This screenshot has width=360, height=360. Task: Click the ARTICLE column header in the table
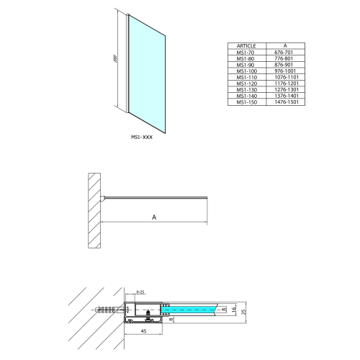(240, 45)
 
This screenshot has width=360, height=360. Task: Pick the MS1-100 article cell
(240, 71)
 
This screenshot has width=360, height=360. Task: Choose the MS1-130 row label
(240, 91)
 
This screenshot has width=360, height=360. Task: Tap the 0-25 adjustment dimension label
(140, 292)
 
